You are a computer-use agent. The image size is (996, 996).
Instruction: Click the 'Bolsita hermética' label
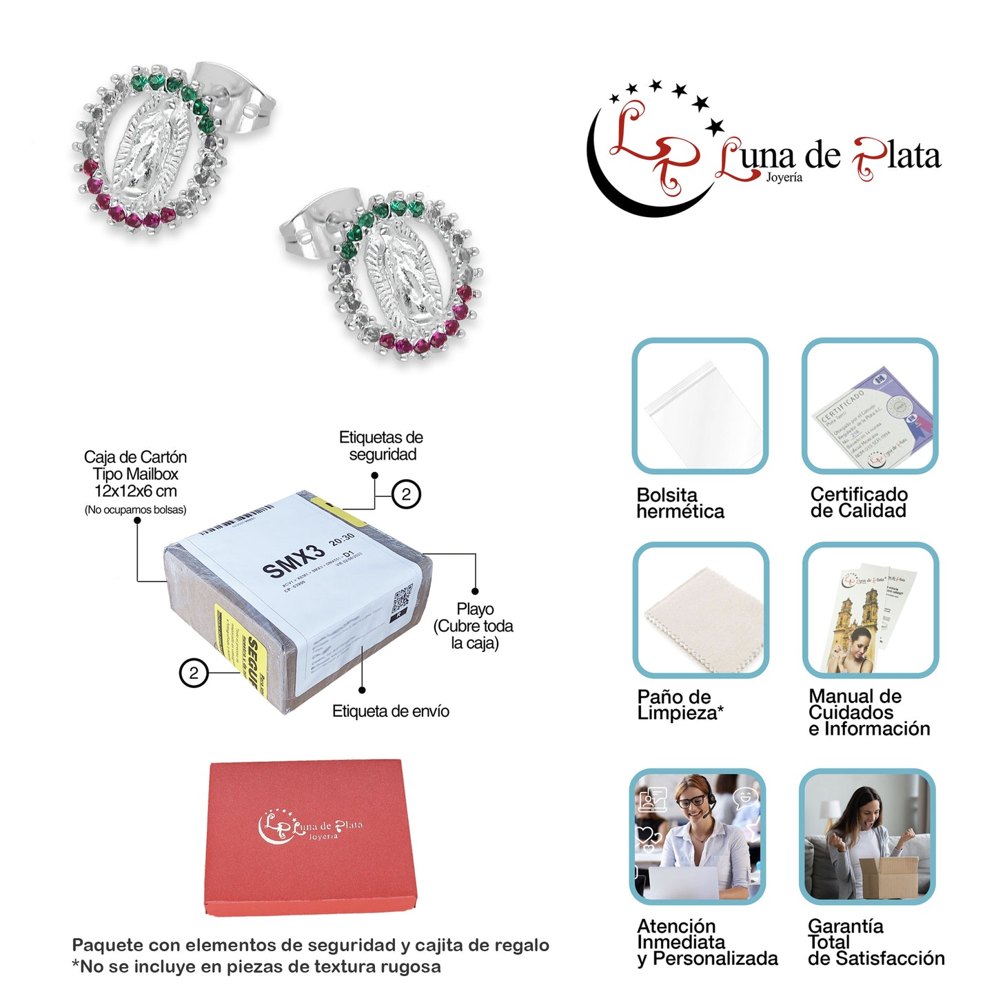coord(680,503)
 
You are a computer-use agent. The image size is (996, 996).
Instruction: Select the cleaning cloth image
coord(701,611)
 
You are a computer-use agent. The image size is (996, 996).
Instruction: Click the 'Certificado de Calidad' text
coord(859,502)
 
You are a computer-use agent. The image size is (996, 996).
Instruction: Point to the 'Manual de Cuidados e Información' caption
coord(868,712)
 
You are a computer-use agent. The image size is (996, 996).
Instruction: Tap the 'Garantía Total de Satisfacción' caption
coord(875,942)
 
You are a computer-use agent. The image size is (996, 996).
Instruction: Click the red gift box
coord(311,837)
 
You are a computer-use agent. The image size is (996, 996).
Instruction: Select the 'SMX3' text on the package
coord(293,560)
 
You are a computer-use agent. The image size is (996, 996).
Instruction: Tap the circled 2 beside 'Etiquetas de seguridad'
coord(406,494)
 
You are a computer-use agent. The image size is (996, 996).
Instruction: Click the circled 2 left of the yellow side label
coord(194,673)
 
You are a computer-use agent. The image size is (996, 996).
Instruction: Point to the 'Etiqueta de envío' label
coord(390,711)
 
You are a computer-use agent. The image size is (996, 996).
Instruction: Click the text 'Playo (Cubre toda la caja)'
coord(474,626)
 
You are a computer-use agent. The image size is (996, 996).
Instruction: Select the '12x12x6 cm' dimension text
coord(136,491)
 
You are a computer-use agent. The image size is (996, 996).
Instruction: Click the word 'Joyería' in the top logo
coord(784,178)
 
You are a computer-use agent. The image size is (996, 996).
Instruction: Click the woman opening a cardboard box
coord(867,835)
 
